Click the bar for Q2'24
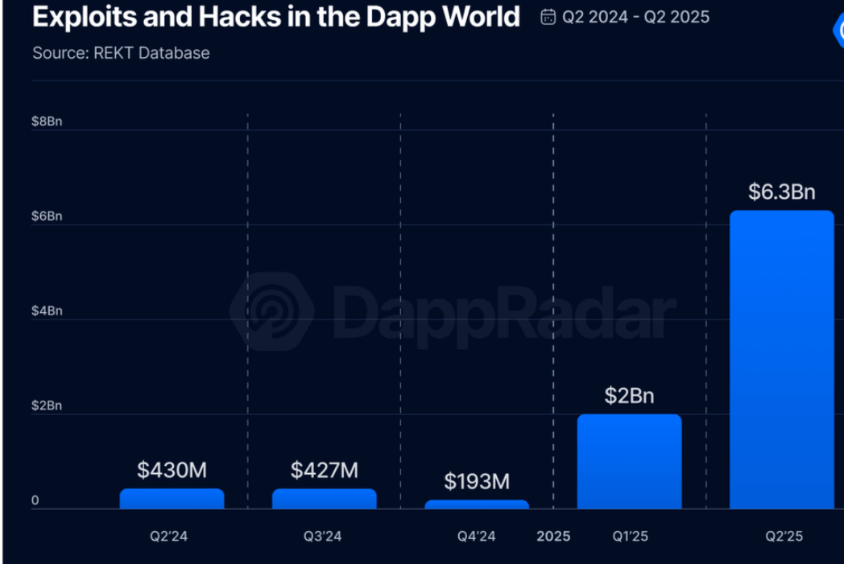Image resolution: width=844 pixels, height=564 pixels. click(x=172, y=499)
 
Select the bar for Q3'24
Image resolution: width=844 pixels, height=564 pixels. click(x=324, y=499)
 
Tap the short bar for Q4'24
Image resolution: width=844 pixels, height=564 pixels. click(x=477, y=504)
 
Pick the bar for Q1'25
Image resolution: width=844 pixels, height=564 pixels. click(x=629, y=462)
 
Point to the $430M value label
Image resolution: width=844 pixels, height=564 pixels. click(x=172, y=470)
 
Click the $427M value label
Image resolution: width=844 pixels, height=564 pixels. click(x=324, y=470)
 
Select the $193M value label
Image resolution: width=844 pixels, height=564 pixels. click(x=477, y=481)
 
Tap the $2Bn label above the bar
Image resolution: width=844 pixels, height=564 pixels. click(x=629, y=396)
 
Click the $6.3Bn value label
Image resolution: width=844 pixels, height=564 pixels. click(x=781, y=192)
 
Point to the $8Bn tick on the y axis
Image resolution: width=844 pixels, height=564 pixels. click(x=47, y=121)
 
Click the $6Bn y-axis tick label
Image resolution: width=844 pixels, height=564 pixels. click(x=47, y=216)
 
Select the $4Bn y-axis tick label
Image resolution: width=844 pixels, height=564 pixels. click(x=47, y=311)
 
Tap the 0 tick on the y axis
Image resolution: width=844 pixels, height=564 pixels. click(x=35, y=500)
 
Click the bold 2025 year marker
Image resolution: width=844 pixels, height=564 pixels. click(x=553, y=536)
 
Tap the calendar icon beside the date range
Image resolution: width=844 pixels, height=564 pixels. click(x=548, y=17)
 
